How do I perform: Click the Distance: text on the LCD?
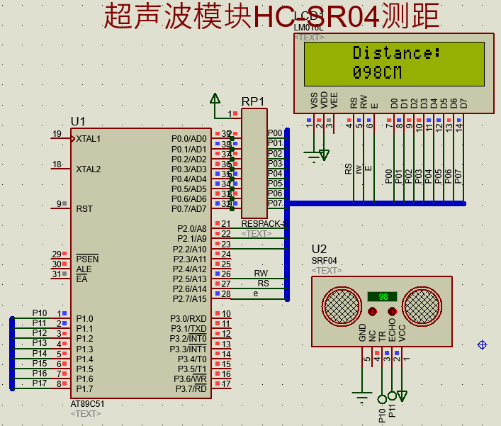click(396, 53)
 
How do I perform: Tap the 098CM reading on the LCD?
click(377, 72)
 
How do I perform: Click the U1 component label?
click(78, 121)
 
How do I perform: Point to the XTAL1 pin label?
click(89, 139)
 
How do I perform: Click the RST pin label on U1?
click(84, 209)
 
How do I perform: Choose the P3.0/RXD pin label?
click(188, 319)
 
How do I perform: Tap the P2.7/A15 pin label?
click(188, 299)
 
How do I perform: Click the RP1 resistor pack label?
click(253, 101)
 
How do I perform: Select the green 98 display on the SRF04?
click(383, 296)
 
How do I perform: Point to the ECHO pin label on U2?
click(392, 332)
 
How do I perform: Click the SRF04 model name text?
click(325, 261)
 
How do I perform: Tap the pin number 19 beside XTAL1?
click(57, 134)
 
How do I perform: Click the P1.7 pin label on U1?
click(84, 388)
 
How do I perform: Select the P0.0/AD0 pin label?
click(188, 139)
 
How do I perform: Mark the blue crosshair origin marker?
click(483, 344)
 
